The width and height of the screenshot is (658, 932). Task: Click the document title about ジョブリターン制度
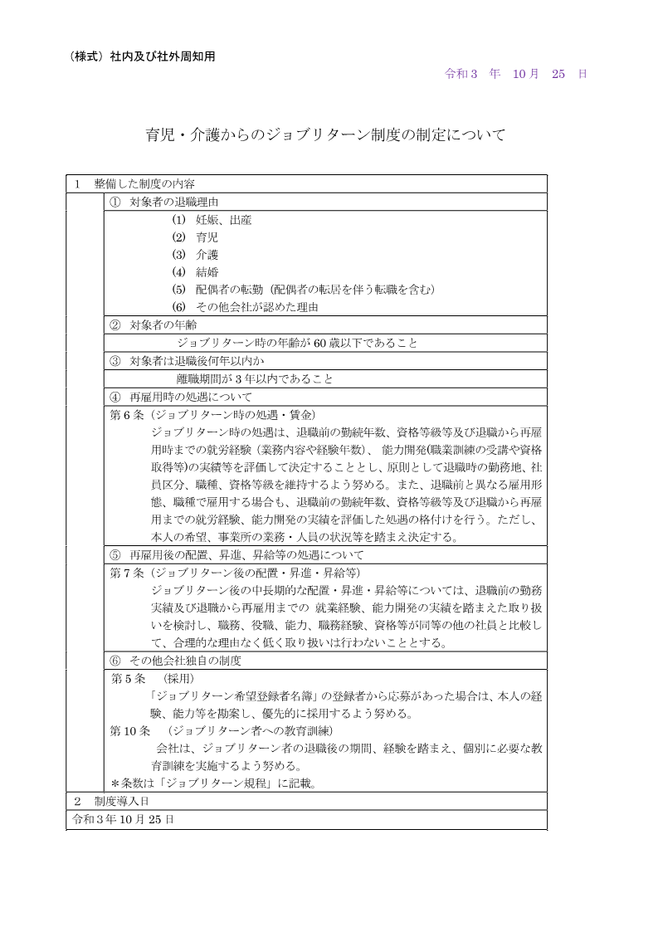coord(325,134)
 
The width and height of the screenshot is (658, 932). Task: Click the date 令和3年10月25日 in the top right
coord(516,73)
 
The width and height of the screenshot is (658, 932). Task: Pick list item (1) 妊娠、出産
coord(212,221)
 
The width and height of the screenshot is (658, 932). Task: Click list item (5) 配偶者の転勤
coord(303,290)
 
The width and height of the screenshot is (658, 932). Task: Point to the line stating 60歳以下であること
coord(297,342)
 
